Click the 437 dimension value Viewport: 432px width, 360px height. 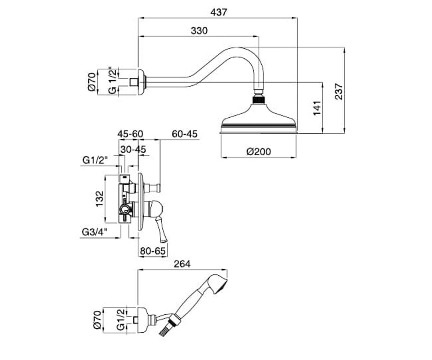(x=219, y=12)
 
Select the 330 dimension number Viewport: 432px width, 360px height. (x=199, y=31)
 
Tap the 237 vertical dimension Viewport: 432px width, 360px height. (x=339, y=91)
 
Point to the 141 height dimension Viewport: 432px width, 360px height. (x=317, y=108)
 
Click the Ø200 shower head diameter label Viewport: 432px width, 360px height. (x=258, y=152)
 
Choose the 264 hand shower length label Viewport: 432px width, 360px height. (x=182, y=264)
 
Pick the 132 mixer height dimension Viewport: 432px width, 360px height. (x=99, y=199)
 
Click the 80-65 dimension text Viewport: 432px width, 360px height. (x=153, y=251)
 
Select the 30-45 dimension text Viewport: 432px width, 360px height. (x=133, y=149)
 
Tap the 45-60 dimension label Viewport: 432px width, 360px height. (x=130, y=134)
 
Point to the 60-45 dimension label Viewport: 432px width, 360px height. (x=185, y=134)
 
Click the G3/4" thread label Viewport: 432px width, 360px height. (x=95, y=232)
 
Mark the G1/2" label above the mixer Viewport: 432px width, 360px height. (x=95, y=160)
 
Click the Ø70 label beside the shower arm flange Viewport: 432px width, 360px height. (x=92, y=82)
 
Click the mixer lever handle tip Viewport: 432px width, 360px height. (x=163, y=240)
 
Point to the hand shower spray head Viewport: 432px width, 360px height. (x=218, y=284)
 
